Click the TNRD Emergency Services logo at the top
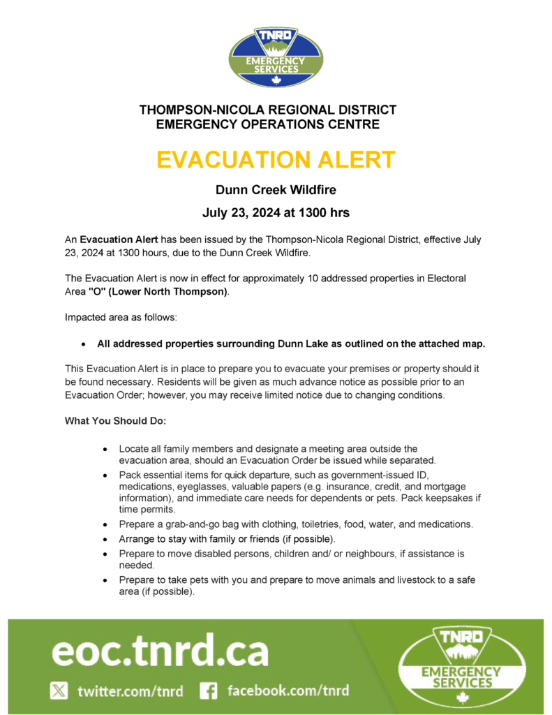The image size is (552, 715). (276, 56)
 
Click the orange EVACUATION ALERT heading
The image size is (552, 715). (276, 159)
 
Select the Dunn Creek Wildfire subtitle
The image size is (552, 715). (276, 189)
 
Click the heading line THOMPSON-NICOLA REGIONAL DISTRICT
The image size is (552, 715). (268, 110)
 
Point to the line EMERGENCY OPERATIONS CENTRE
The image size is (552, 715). (268, 125)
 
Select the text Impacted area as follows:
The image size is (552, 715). (121, 318)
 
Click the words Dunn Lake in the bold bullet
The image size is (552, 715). (304, 344)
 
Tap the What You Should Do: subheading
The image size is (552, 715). (116, 421)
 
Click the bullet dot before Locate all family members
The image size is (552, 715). (104, 449)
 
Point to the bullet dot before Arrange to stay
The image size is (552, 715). (104, 540)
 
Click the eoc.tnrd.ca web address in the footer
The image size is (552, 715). (160, 651)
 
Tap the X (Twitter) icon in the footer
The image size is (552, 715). (59, 691)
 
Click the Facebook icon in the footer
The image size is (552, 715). (208, 691)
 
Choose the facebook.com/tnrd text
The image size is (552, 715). (288, 691)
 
